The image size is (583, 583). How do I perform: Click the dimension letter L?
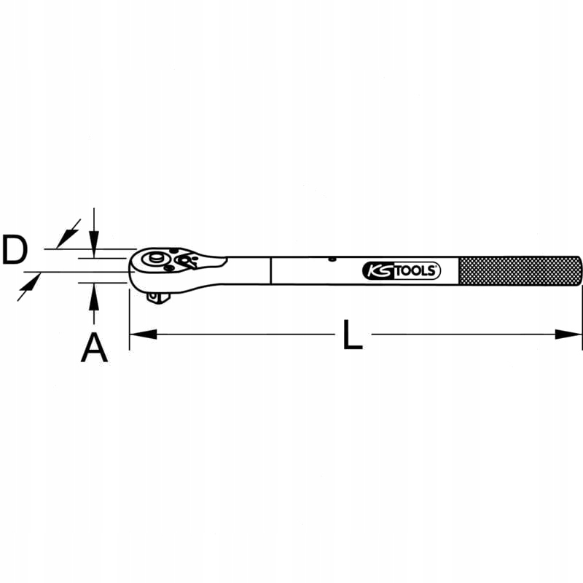[x=353, y=335]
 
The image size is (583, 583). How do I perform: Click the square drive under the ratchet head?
[x=156, y=295]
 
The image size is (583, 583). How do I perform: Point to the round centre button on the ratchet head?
[x=154, y=259]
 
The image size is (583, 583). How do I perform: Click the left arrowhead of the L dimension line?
[x=143, y=334]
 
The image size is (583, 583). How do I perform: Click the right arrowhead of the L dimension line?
[x=569, y=334]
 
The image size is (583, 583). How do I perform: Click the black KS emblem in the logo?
[x=377, y=271]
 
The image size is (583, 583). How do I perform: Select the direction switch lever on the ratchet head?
[x=188, y=262]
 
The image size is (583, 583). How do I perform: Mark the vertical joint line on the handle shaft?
[x=270, y=270]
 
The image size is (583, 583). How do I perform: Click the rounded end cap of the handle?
[x=579, y=271]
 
